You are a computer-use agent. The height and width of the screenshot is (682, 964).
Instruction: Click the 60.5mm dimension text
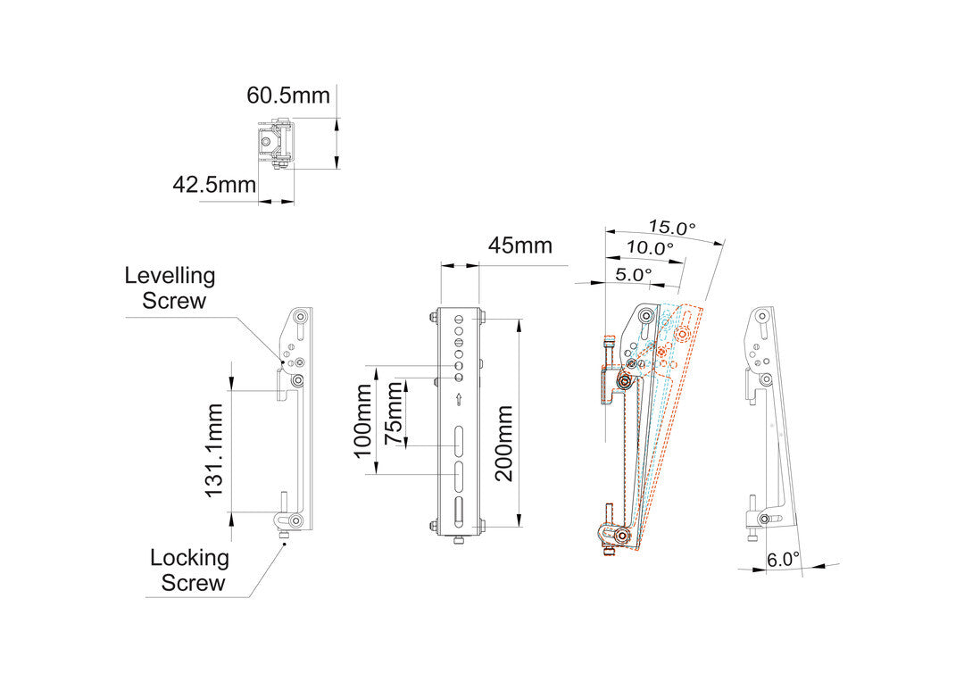(x=288, y=95)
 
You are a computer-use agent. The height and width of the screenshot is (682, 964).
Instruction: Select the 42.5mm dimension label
(x=214, y=185)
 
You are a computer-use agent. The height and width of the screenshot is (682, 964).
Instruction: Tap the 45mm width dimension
(x=519, y=245)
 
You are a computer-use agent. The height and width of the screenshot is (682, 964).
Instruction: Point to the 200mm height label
(x=504, y=443)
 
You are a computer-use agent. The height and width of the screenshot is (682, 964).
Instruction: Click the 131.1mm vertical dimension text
(x=214, y=450)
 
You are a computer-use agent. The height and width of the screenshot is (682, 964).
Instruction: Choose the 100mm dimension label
(x=362, y=420)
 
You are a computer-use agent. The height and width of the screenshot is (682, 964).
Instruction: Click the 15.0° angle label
(x=672, y=227)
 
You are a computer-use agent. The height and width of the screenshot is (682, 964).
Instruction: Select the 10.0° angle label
(x=649, y=248)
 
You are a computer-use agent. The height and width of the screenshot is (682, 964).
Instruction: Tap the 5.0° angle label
(x=634, y=274)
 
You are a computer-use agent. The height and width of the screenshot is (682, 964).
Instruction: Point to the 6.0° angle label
(x=783, y=560)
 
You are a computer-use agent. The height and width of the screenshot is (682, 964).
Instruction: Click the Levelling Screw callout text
(x=170, y=287)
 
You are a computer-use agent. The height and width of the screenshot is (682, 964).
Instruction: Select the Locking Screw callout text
(x=188, y=570)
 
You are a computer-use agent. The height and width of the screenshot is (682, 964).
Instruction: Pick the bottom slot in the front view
(x=458, y=514)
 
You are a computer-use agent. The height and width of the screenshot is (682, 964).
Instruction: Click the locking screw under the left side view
(x=284, y=536)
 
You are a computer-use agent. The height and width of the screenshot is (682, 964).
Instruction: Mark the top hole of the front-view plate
(x=458, y=319)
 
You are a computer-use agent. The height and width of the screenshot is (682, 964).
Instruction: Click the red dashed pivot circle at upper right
(x=683, y=335)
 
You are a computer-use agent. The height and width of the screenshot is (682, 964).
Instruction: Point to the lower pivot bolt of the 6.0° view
(x=764, y=520)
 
